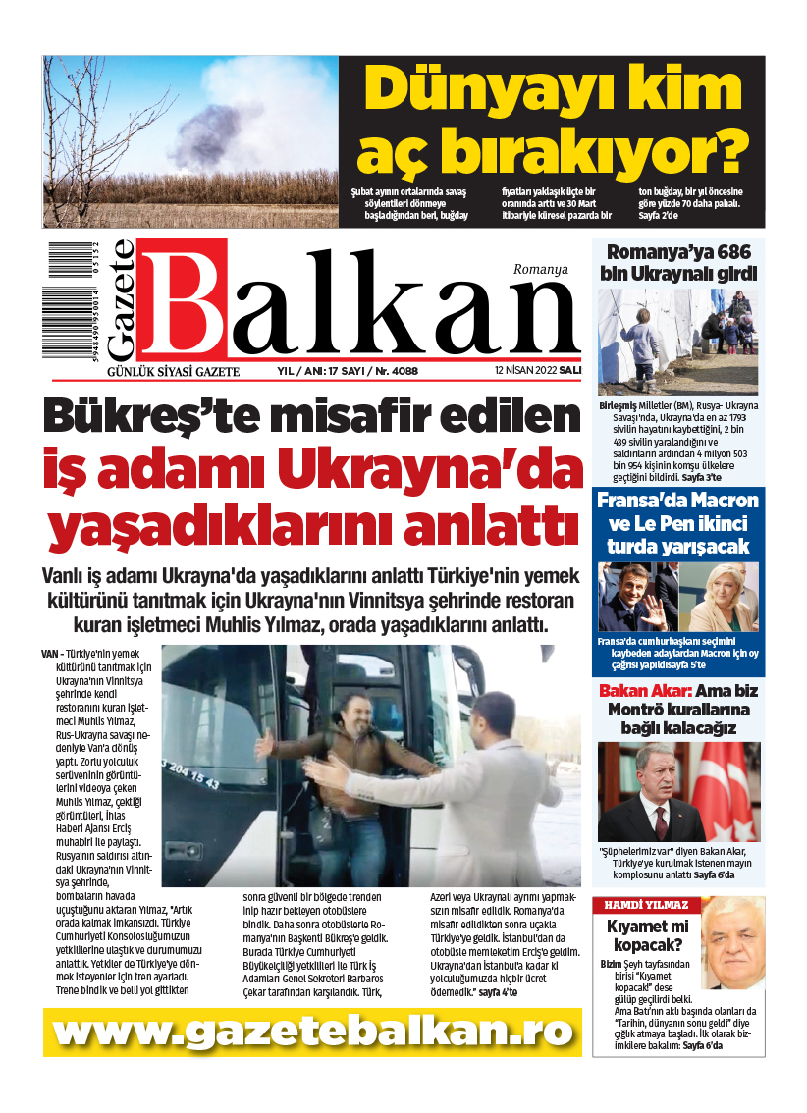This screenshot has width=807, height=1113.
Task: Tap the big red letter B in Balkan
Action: click(x=183, y=303)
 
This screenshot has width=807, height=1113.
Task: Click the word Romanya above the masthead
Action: click(x=540, y=269)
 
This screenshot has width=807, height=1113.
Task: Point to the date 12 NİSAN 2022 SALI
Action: click(x=538, y=372)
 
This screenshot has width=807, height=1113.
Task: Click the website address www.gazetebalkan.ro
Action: click(x=312, y=1032)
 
